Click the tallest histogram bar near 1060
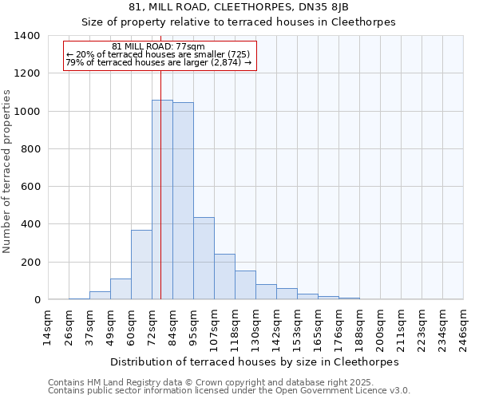point(162,199)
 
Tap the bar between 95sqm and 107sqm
point(204,259)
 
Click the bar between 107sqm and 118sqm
point(224,277)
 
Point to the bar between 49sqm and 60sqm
point(121,289)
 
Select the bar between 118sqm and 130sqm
point(245,286)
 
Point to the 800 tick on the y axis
point(30,149)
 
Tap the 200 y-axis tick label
point(30,263)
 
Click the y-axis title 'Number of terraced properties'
point(7,171)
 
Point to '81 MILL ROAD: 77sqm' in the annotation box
point(159,46)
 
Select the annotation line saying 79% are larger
point(159,62)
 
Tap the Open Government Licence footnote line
point(229,390)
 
